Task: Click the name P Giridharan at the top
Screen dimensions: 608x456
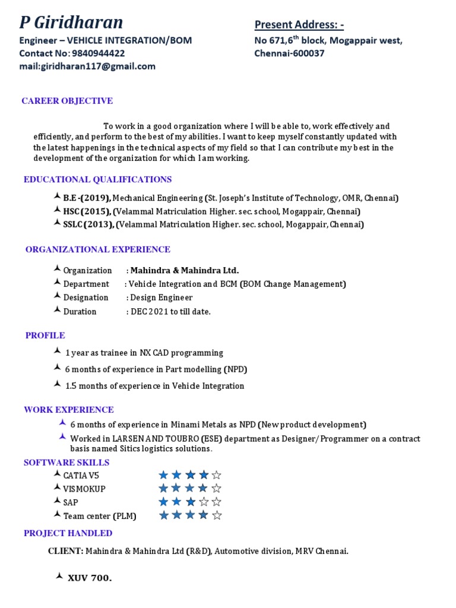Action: pyautogui.click(x=71, y=23)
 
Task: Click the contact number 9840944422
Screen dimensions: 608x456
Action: pyautogui.click(x=97, y=53)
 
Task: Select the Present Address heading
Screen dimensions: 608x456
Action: pyautogui.click(x=299, y=24)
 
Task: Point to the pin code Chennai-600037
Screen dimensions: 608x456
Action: pyautogui.click(x=289, y=53)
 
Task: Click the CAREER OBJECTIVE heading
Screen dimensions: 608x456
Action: pyautogui.click(x=67, y=101)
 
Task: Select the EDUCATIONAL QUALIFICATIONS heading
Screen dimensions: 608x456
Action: pyautogui.click(x=97, y=179)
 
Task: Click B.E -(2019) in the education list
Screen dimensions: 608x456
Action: pyautogui.click(x=87, y=198)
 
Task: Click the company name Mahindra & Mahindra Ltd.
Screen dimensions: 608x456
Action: pyautogui.click(x=185, y=270)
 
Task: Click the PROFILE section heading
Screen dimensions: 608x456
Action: pyautogui.click(x=45, y=335)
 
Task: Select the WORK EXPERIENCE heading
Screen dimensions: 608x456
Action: pyautogui.click(x=69, y=410)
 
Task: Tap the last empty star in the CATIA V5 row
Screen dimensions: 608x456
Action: pyautogui.click(x=217, y=475)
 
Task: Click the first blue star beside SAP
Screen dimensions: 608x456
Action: pyautogui.click(x=164, y=502)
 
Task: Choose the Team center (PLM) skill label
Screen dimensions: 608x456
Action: pyautogui.click(x=100, y=516)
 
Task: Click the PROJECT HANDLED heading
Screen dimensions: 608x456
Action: pyautogui.click(x=68, y=533)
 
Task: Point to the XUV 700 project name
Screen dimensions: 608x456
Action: pyautogui.click(x=90, y=578)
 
